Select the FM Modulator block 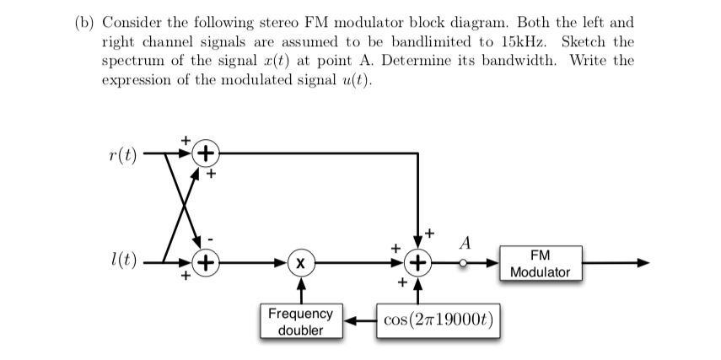540,264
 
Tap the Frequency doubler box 300,321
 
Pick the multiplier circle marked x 301,263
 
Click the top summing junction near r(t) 205,154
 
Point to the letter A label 463,244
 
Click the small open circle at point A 463,263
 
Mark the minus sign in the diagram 212,239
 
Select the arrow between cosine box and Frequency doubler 358,321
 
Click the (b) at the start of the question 80,23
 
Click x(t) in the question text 288,62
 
